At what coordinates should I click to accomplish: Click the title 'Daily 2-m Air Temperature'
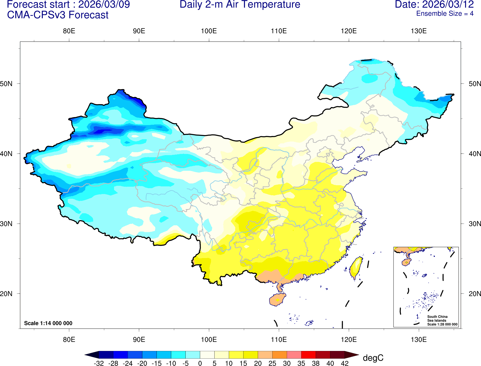coord(240,5)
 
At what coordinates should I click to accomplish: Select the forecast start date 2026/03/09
coord(104,5)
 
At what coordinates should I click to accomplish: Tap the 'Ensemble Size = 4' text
coord(444,14)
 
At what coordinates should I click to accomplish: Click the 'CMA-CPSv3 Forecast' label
coord(58,15)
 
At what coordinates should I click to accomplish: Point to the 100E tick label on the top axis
coord(209,31)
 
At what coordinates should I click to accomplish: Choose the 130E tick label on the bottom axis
coord(419,339)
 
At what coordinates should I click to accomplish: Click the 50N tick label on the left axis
coord(6,84)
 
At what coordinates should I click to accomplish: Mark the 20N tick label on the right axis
coord(475,294)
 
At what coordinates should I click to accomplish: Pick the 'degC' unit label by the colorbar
coord(373,358)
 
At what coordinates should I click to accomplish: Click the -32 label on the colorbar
coord(99,363)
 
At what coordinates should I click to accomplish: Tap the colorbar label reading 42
coord(345,363)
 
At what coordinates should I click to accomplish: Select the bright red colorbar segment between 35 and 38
coord(308,355)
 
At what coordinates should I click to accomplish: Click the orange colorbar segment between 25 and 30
coord(279,355)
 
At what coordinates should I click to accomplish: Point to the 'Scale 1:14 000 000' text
coord(48,323)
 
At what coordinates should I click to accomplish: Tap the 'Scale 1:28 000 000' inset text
coord(442,324)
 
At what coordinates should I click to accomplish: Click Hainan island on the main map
coord(277,300)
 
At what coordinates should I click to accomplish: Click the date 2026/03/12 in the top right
coord(448,5)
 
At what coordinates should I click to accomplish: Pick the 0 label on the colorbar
coord(200,363)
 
